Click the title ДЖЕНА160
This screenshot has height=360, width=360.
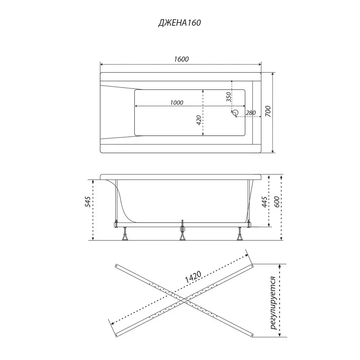click(x=179, y=23)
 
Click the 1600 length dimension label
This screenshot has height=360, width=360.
click(x=181, y=59)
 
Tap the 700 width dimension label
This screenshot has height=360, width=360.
click(x=268, y=111)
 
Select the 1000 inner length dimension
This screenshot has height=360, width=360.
click(x=176, y=102)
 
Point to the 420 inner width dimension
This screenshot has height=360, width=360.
click(x=199, y=120)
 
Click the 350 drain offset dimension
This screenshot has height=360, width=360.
click(x=228, y=97)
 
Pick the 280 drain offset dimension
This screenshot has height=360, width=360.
click(x=251, y=113)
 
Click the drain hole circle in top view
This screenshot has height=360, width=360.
click(x=235, y=112)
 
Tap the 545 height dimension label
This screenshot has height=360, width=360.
click(x=88, y=202)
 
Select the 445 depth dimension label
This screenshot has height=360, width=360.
click(x=265, y=202)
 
